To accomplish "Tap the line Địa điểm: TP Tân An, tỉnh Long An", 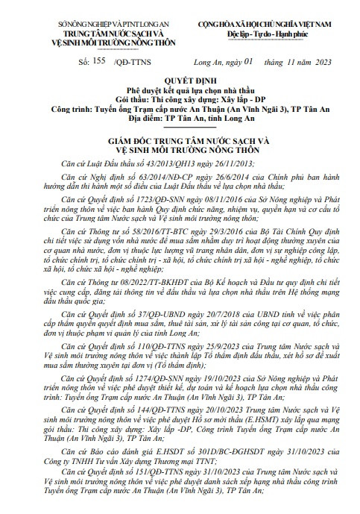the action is [x=180, y=116].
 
